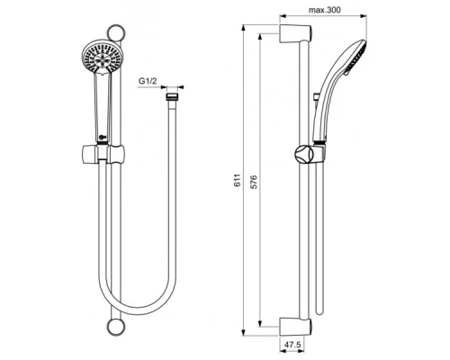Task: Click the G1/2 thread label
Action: (149, 82)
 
